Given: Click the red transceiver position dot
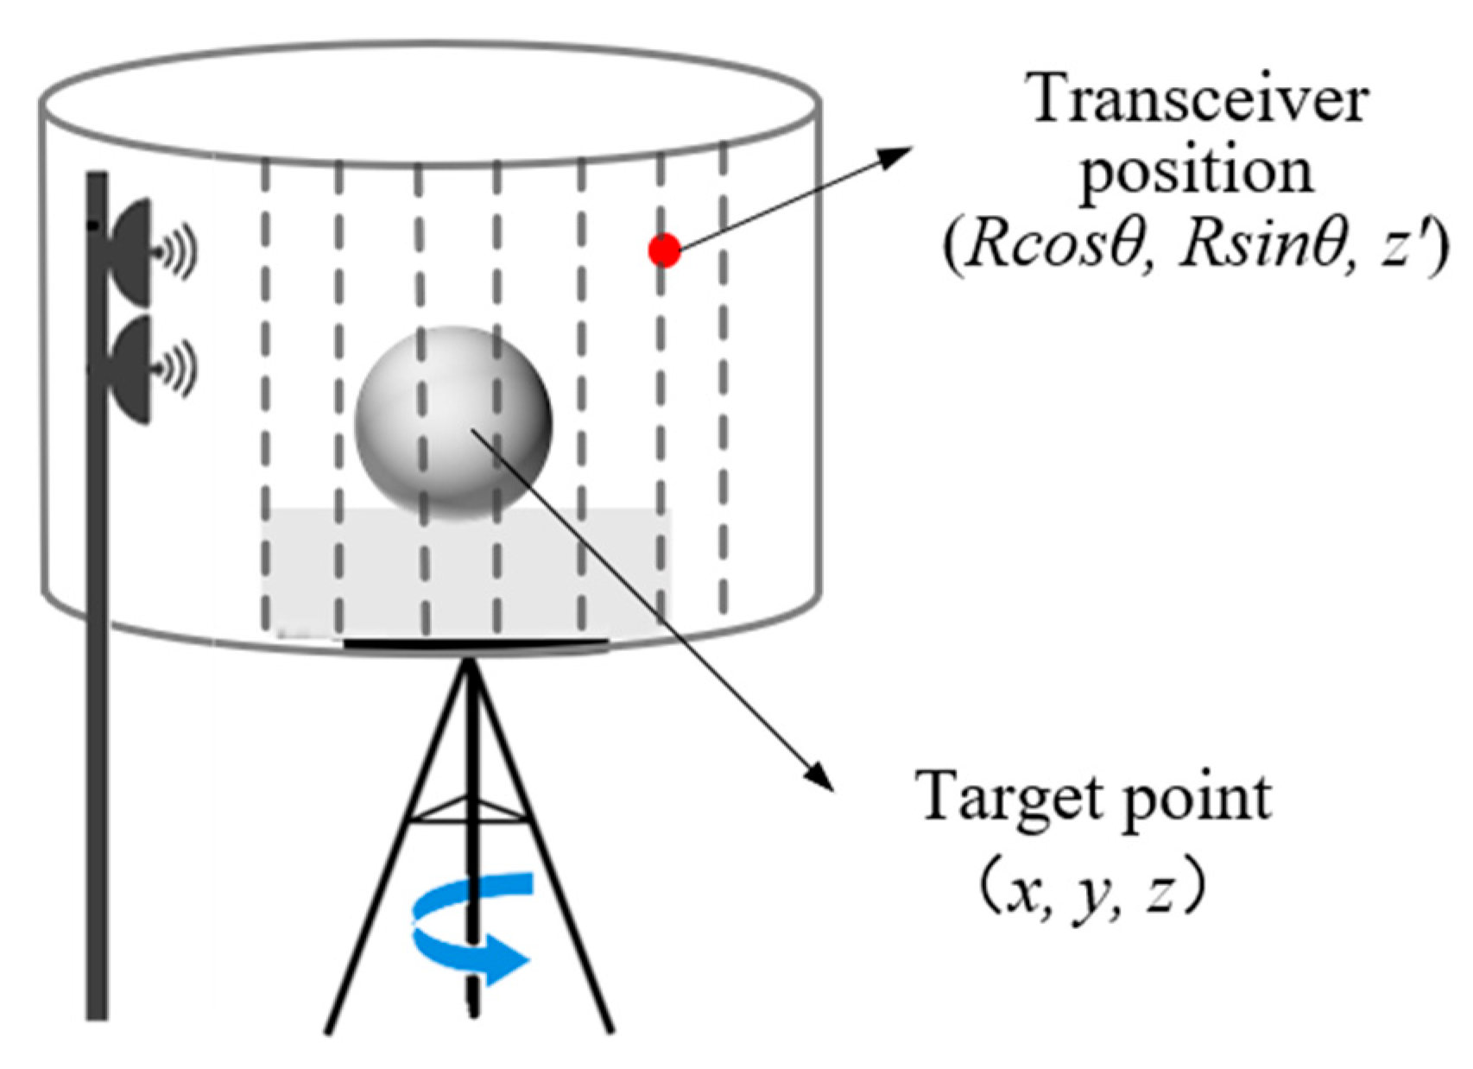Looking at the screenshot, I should [664, 250].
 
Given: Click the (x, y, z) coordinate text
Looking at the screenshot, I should [1092, 893].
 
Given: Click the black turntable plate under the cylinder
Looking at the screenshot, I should [475, 643].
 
